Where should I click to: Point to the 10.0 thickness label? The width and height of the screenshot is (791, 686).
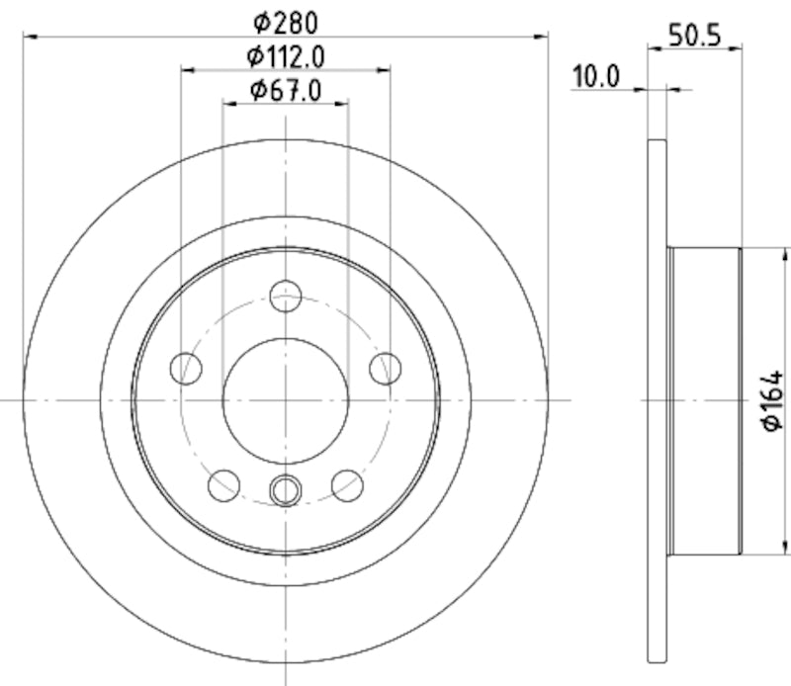coord(596,76)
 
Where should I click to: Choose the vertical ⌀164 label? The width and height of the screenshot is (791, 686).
coord(772,400)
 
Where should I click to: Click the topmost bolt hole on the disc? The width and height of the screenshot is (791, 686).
coord(286,296)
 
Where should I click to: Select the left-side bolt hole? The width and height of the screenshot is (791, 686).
coord(186,369)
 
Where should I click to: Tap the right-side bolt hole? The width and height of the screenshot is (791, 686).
coord(386,369)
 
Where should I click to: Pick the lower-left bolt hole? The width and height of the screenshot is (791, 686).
coord(224,485)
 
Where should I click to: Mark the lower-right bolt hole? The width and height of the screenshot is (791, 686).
coord(347,485)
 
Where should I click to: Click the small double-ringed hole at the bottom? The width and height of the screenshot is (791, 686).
coord(286,488)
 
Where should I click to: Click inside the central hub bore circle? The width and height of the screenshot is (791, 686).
coord(286,399)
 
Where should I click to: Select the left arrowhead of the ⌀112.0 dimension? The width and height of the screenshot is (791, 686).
coord(188,70)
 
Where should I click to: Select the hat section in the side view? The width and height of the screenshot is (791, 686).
coord(704,400)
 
